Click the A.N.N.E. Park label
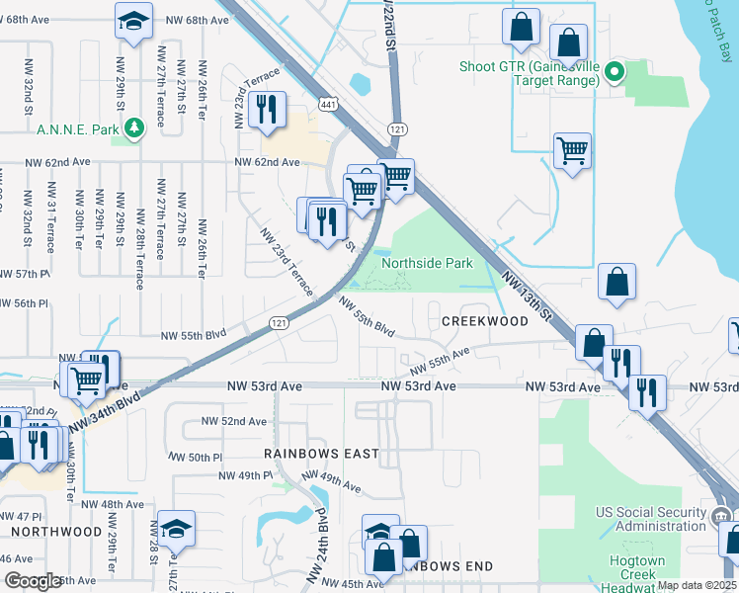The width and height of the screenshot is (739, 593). tap(77, 128)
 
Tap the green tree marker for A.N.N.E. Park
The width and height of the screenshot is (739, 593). tap(131, 127)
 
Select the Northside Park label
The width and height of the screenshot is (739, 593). tap(427, 263)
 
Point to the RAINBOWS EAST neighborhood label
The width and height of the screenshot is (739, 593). tap(321, 454)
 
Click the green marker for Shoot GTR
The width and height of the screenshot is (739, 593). tap(614, 71)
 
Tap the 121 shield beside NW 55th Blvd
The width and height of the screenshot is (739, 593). tap(279, 323)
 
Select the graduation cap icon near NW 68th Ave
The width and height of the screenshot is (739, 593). tap(133, 22)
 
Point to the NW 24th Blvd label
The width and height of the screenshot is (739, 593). tap(315, 544)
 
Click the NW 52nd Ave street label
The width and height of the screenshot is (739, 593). tap(234, 421)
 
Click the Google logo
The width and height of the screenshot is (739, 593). tap(33, 582)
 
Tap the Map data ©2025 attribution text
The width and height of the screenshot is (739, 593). tap(697, 585)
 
